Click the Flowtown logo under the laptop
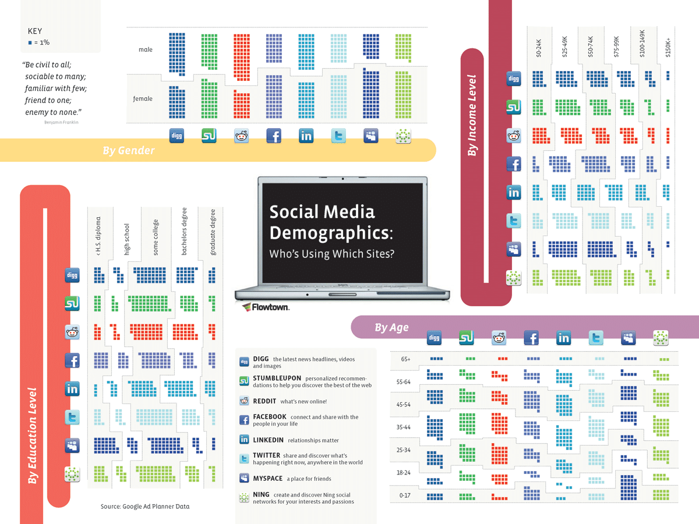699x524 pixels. pyautogui.click(x=266, y=307)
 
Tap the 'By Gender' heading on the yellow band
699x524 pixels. pyautogui.click(x=129, y=151)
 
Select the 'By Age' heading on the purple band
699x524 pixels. pyautogui.click(x=391, y=328)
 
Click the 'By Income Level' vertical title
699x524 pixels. pyautogui.click(x=472, y=115)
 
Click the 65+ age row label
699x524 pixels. pyautogui.click(x=406, y=359)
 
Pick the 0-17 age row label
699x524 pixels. pyautogui.click(x=405, y=496)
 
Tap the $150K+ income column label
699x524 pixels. pyautogui.click(x=668, y=47)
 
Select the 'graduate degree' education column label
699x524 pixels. pyautogui.click(x=213, y=232)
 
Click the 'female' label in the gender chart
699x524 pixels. pyautogui.click(x=143, y=99)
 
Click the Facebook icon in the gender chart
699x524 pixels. pyautogui.click(x=274, y=136)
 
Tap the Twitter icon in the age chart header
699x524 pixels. pyautogui.click(x=596, y=338)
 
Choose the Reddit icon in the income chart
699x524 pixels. pyautogui.click(x=513, y=136)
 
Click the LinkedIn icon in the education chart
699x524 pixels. pyautogui.click(x=72, y=389)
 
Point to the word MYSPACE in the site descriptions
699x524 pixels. pyautogui.click(x=267, y=479)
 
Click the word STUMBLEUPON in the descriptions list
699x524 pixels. pyautogui.click(x=277, y=378)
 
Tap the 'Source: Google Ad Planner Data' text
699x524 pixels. pyautogui.click(x=145, y=507)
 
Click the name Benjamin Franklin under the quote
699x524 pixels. pyautogui.click(x=61, y=122)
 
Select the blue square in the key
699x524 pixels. pyautogui.click(x=30, y=43)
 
